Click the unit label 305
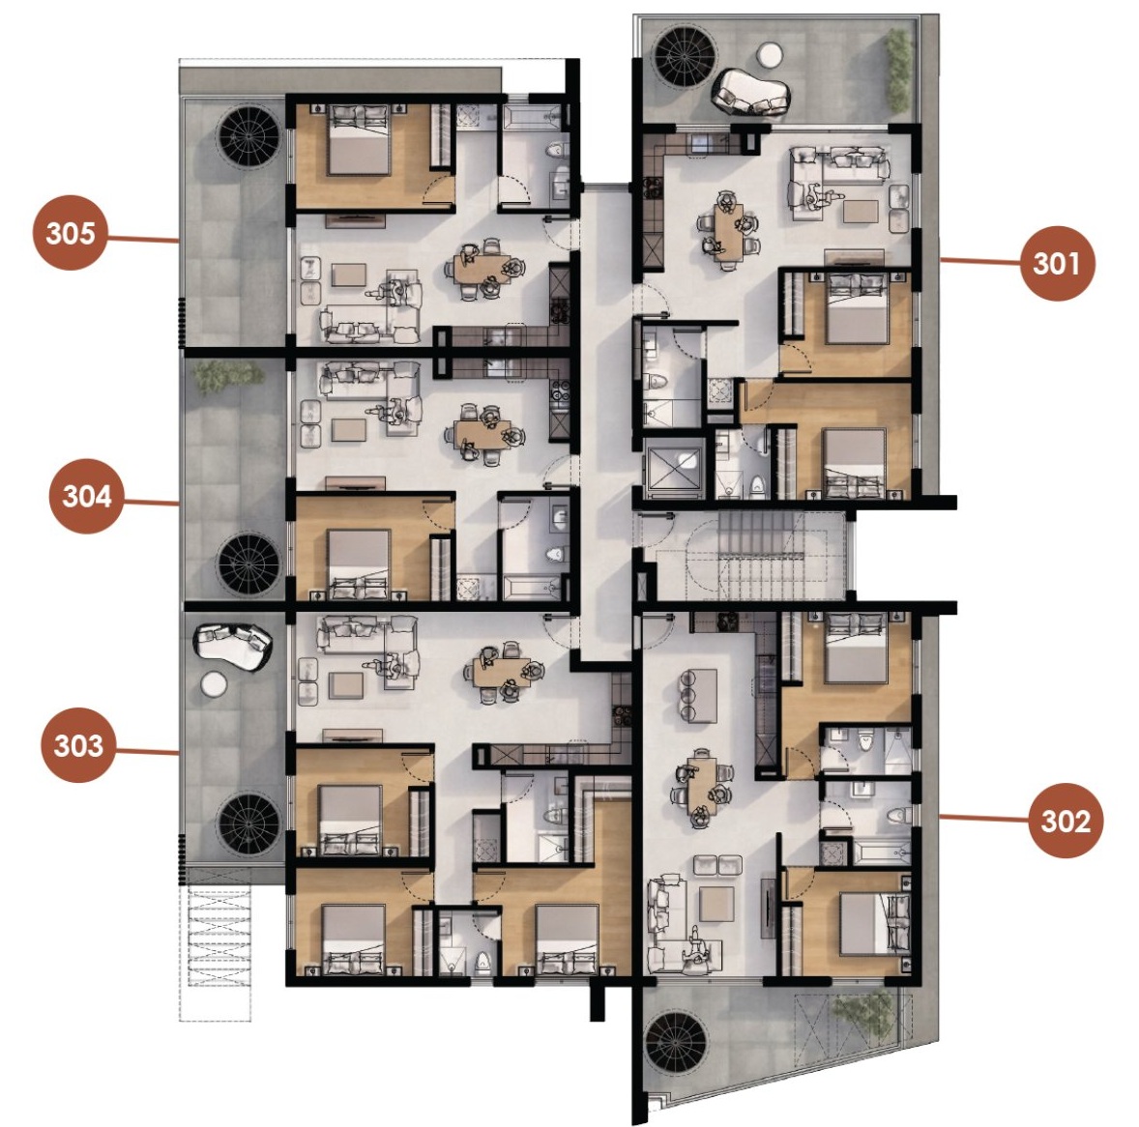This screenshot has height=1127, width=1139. click(71, 233)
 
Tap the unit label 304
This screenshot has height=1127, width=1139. click(86, 497)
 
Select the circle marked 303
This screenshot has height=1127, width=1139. click(78, 746)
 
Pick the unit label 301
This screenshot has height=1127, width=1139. click(1057, 263)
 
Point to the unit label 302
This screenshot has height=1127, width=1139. click(1066, 821)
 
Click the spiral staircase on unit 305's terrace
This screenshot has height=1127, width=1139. click(248, 135)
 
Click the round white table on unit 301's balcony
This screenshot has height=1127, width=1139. click(769, 54)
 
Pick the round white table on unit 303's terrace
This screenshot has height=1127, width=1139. click(214, 684)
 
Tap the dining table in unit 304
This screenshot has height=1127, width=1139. click(482, 435)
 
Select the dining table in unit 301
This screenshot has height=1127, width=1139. click(728, 230)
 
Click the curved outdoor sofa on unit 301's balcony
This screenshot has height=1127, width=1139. click(752, 93)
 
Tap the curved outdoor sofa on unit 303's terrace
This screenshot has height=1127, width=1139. click(232, 647)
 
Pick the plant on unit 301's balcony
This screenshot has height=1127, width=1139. click(898, 70)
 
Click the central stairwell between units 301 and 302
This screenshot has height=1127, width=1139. click(748, 556)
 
